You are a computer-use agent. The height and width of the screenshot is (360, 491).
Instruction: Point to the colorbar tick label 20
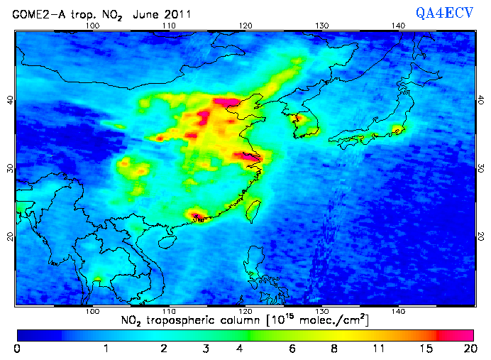468,348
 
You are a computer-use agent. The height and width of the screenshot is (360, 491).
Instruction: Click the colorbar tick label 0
17,348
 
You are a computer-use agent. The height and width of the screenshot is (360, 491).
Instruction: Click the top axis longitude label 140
398,26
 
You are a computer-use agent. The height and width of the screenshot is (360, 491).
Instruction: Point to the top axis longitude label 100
92,26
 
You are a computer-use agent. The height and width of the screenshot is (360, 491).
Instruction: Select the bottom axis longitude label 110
168,312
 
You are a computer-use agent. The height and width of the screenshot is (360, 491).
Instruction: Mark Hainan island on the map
168,242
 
